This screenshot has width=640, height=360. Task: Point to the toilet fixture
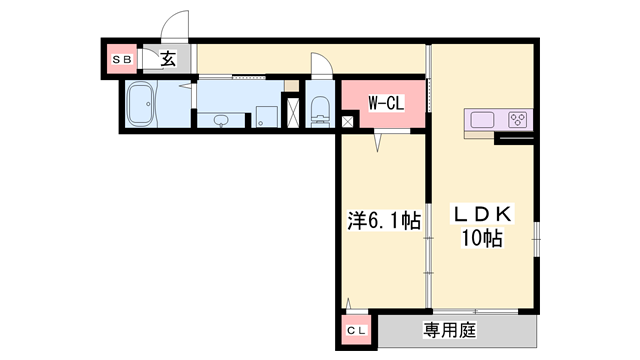320,110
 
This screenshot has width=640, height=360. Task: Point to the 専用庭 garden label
449,329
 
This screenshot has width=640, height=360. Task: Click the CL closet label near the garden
356,330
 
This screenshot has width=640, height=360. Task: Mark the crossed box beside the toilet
292,109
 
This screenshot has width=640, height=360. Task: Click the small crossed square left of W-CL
347,122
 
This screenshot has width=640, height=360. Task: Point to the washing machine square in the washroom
266,117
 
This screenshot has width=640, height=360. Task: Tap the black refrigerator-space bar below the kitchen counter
514,138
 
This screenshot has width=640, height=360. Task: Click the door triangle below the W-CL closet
379,145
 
